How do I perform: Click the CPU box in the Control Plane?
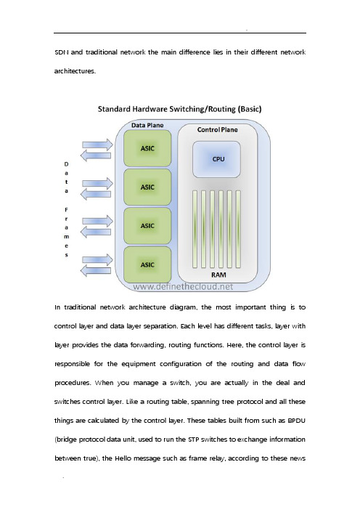click(x=217, y=159)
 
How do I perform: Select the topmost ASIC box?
click(x=147, y=148)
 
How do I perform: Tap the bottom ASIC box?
click(x=147, y=264)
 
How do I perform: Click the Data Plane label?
click(x=147, y=125)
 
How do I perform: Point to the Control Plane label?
click(x=217, y=129)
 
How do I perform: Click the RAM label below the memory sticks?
click(x=218, y=275)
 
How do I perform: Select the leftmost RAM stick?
click(x=195, y=230)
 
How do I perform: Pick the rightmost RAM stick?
click(x=238, y=230)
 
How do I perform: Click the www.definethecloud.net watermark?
click(x=183, y=286)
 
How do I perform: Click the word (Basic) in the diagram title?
click(x=250, y=109)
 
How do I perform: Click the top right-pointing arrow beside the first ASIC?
click(x=97, y=145)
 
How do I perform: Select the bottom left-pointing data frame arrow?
click(x=96, y=270)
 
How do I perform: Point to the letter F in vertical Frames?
click(x=66, y=210)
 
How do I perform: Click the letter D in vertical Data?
click(x=66, y=164)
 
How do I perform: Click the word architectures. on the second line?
click(x=75, y=71)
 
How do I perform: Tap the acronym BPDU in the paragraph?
click(x=296, y=421)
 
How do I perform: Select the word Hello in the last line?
click(x=123, y=458)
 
